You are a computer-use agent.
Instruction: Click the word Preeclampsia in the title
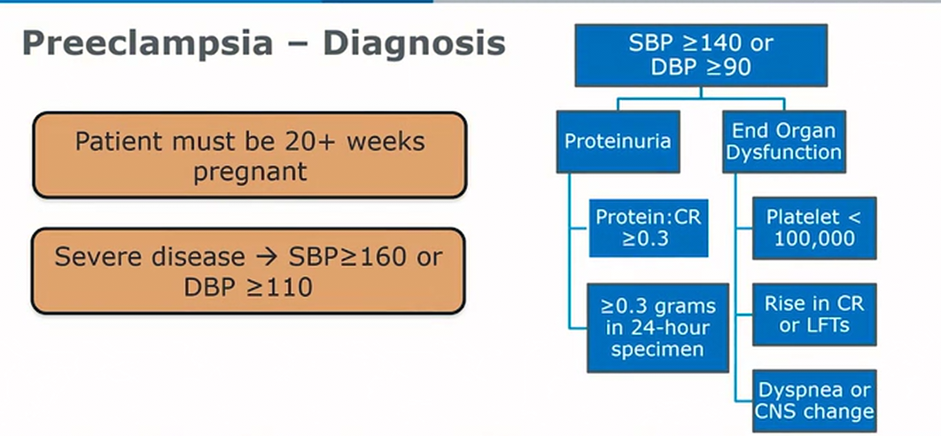coord(147,43)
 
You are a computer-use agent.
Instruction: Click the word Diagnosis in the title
coord(414,43)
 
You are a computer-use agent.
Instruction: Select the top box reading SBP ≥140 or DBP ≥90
coord(701,55)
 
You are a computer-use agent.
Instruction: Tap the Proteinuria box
coord(618,142)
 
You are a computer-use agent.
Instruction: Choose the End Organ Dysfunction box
coord(784,142)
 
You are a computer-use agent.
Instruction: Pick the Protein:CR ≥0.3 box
coord(648,229)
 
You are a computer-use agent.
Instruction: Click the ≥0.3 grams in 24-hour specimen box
coord(657,328)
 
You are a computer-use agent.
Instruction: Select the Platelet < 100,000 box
coord(814,229)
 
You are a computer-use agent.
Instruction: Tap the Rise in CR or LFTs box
coord(814,315)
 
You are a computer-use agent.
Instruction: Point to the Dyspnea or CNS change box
coord(814,401)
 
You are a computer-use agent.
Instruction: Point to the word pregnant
coord(250,172)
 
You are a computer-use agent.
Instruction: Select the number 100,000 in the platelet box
coord(814,239)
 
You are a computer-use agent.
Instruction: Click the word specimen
coord(657,349)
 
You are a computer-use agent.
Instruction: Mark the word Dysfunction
coord(784,152)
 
